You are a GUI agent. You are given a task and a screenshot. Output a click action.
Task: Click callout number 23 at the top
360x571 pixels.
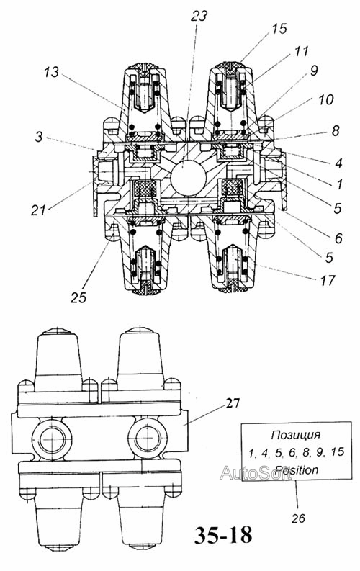[199, 16]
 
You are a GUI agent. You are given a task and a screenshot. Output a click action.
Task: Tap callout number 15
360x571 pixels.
[279, 28]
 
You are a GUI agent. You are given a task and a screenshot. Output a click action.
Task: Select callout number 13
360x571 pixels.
[51, 72]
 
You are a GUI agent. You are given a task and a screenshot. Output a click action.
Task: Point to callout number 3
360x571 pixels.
[39, 138]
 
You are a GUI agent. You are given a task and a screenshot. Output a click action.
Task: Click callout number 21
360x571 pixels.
[38, 210]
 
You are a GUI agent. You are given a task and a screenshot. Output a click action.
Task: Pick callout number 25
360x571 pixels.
[78, 297]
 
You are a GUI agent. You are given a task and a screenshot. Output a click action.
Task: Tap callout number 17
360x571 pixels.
[327, 281]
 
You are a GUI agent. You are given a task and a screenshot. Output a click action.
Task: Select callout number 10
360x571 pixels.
[325, 99]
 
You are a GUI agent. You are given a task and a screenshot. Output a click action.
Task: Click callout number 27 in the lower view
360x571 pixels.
[233, 403]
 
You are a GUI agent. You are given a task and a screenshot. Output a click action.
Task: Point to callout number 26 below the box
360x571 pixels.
[298, 518]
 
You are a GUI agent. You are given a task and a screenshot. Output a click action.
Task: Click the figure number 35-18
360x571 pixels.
[223, 535]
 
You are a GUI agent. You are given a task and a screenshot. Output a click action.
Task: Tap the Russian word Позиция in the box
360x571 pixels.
[296, 435]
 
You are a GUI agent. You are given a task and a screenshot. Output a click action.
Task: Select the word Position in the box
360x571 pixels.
[296, 469]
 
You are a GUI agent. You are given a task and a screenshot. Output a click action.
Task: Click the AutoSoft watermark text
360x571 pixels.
[255, 472]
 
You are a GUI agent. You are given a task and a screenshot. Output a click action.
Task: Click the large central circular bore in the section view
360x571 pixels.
[189, 177]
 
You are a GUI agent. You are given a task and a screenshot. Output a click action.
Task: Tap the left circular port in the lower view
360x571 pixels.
[53, 438]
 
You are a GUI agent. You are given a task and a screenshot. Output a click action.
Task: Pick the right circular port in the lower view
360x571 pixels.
[148, 438]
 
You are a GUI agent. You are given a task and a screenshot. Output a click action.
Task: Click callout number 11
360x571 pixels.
[301, 51]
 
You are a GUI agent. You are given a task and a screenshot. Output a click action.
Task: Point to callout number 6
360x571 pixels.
[338, 238]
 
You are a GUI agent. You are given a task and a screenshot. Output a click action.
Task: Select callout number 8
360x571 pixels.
[336, 131]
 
